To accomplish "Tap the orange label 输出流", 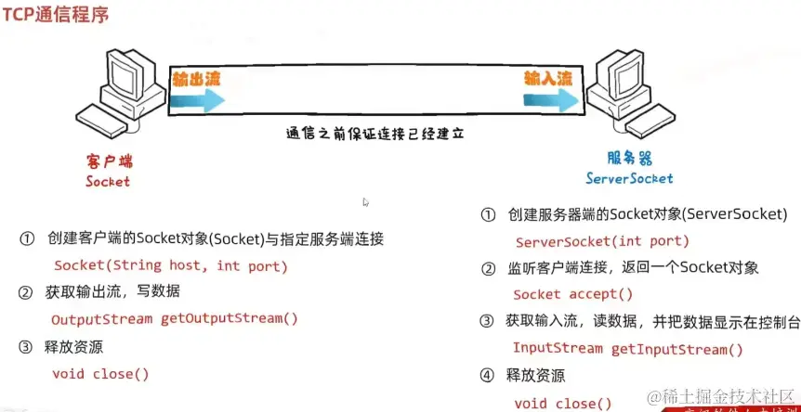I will pos(196,78).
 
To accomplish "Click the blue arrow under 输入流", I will pos(553,100).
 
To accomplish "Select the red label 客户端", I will pos(107,161).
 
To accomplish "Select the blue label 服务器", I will pos(629,158).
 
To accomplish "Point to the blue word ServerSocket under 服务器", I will pos(629,178).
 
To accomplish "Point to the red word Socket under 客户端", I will pos(108,182).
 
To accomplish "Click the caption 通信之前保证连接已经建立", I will pos(374,134).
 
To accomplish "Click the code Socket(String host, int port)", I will pos(170,266).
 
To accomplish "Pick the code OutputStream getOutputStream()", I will pos(174,318).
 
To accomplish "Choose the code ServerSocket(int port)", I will pos(601,241).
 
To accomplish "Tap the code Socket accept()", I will pos(572,294).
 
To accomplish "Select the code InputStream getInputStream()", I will pos(627,349).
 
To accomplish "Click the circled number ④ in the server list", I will pos(488,376).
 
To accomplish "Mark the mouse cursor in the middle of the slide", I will pos(366,202).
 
